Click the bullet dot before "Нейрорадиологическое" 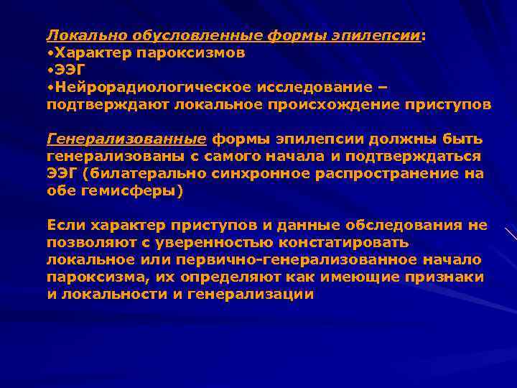50,88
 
